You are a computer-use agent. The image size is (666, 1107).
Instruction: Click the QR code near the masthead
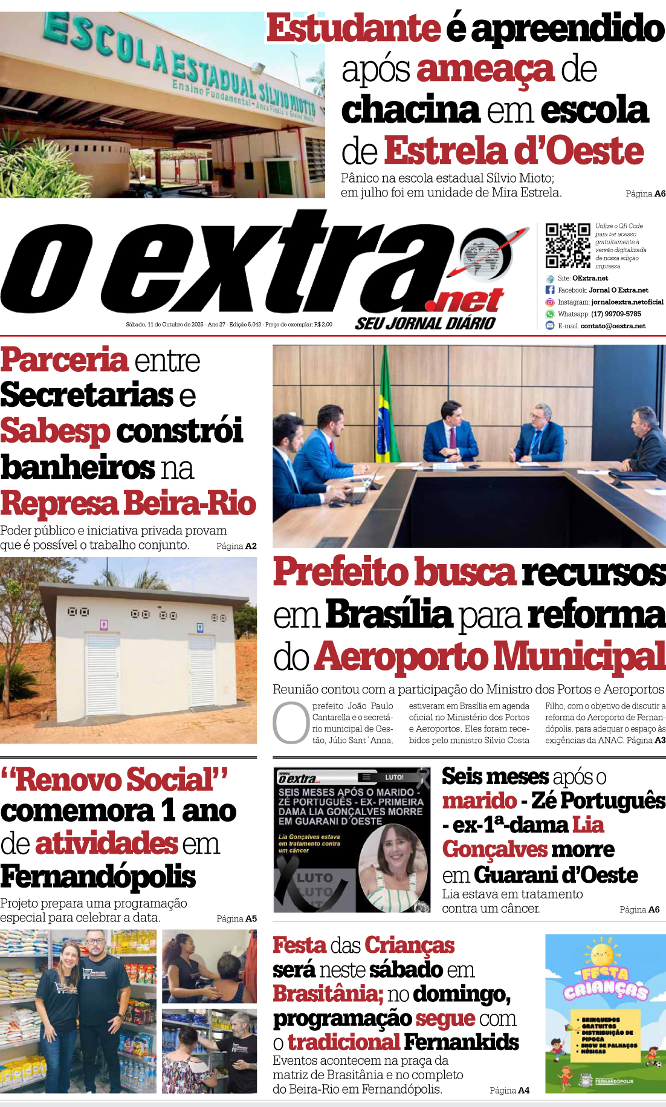tap(567, 245)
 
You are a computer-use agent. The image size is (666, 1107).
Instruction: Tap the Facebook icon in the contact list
tap(550, 290)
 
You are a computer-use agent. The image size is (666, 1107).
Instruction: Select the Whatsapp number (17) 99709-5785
tap(616, 314)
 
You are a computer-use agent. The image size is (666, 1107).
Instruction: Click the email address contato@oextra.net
tap(613, 326)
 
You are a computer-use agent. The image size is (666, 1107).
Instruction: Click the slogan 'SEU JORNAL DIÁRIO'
tap(425, 323)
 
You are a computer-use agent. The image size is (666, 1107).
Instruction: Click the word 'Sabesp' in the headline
tap(55, 431)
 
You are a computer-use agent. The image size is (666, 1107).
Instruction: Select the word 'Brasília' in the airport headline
tap(389, 614)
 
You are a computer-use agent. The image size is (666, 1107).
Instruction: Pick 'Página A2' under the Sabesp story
tap(236, 546)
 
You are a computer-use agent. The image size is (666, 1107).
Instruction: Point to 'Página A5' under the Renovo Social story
tap(236, 918)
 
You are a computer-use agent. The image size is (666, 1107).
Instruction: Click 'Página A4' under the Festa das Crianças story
tap(509, 1090)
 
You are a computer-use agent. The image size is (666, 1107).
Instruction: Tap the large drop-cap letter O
tap(291, 722)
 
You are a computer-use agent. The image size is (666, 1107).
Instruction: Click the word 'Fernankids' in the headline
tap(461, 1042)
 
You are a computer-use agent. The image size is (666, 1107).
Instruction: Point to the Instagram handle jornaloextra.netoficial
tap(627, 302)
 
